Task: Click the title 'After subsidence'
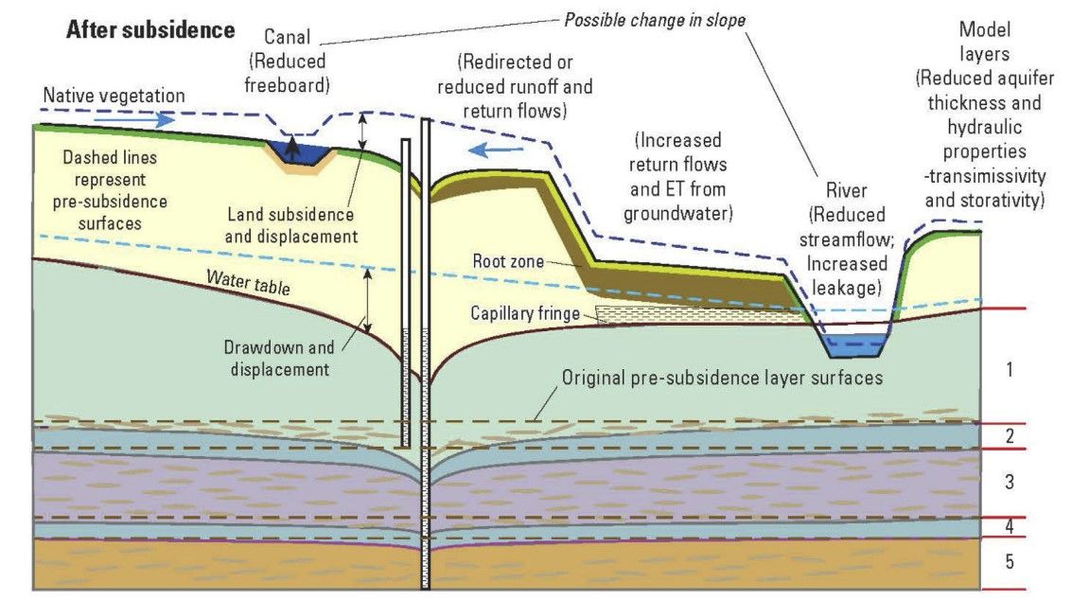point(149,29)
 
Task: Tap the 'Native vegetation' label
point(114,96)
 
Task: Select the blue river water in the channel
point(854,345)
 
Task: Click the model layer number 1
point(1009,369)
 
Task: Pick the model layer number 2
point(1009,436)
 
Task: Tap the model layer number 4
point(1009,526)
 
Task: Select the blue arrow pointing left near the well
point(496,148)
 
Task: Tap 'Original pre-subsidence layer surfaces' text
point(722,378)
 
